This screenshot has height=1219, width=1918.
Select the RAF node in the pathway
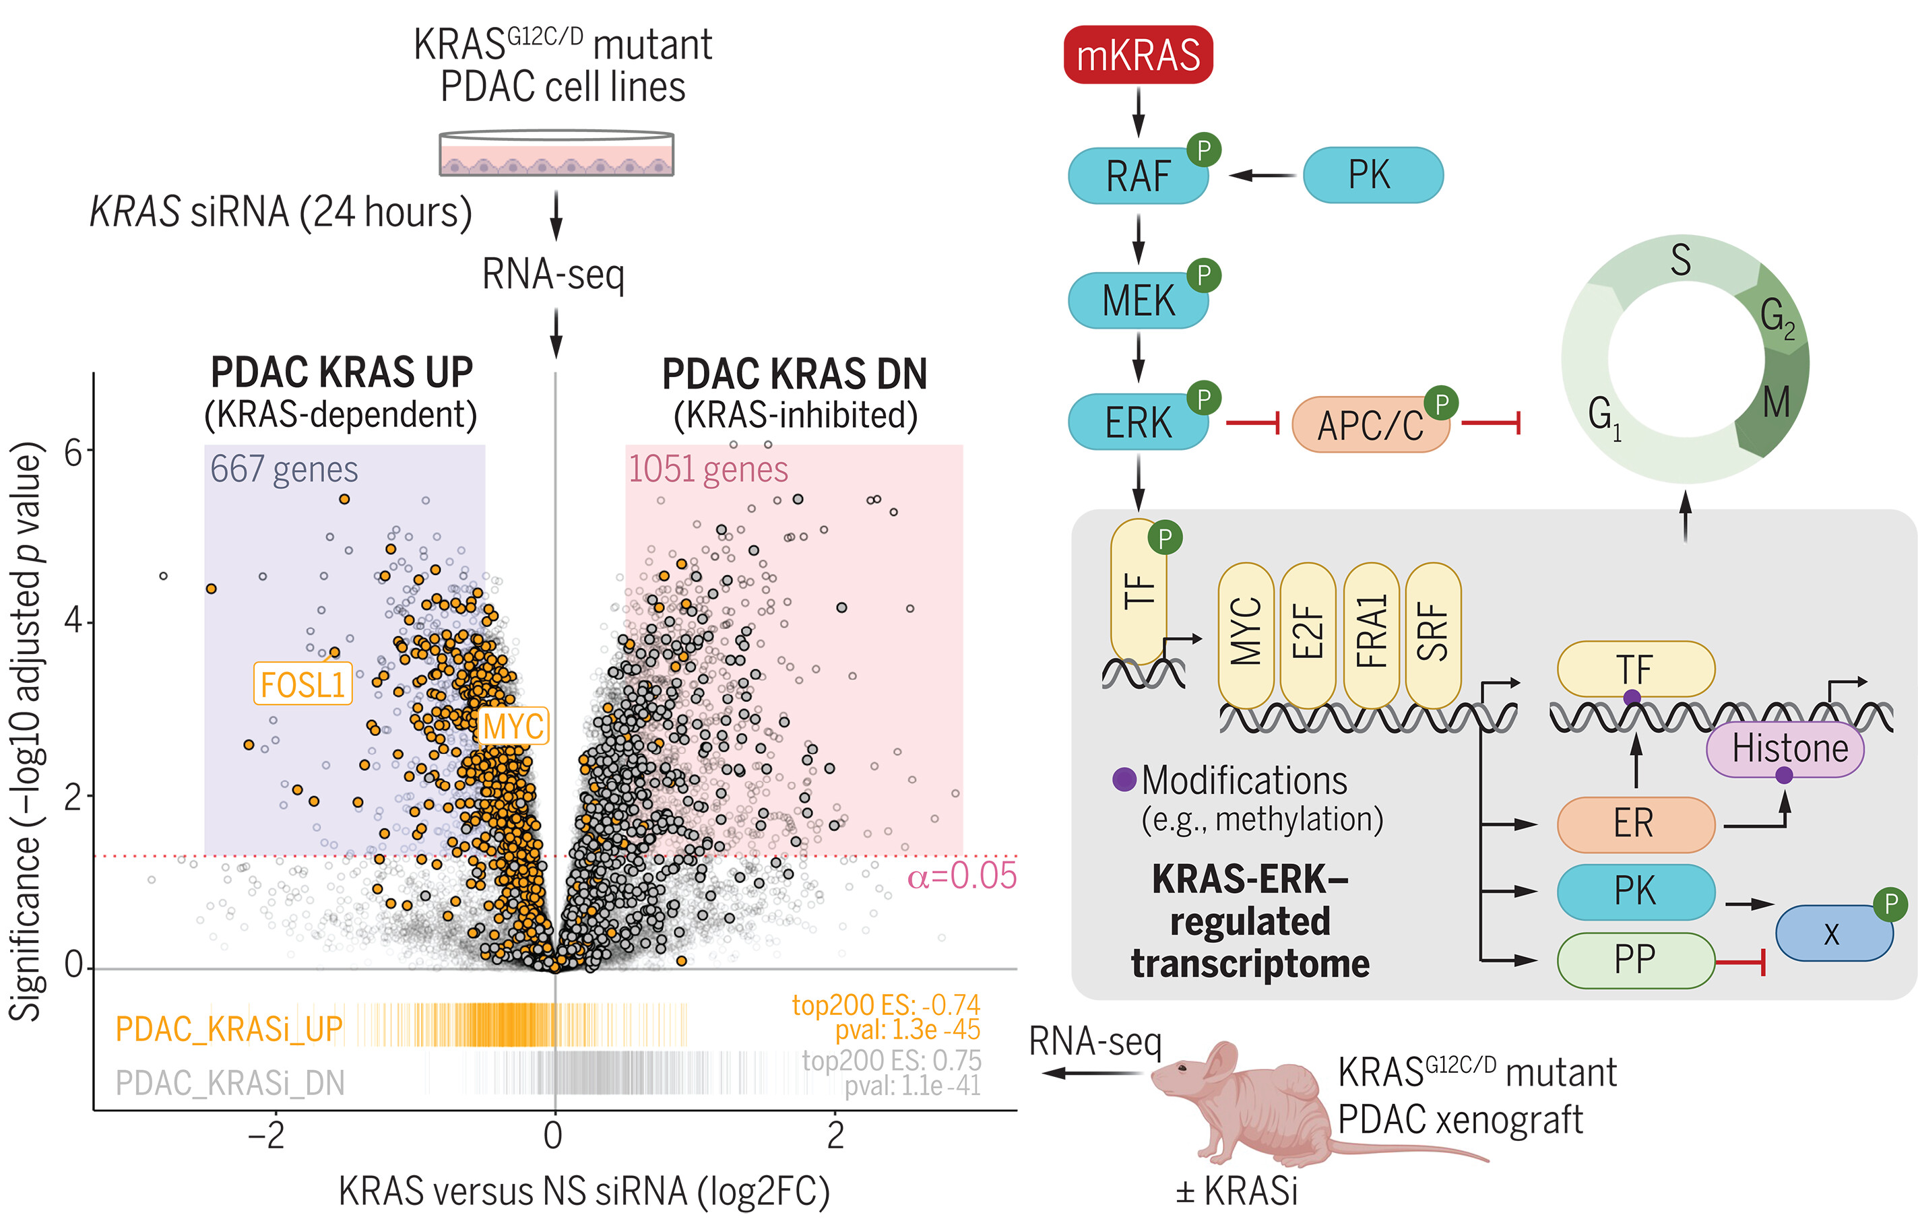coord(1137,176)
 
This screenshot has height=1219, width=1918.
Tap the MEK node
coord(1137,301)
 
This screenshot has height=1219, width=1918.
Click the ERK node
coord(1137,423)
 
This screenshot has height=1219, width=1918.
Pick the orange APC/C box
coord(1369,425)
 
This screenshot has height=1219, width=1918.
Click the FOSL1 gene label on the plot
coord(302,684)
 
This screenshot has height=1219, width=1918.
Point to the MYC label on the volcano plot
coord(514,726)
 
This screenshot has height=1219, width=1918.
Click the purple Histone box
coord(1789,748)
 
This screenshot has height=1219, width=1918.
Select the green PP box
coord(1635,960)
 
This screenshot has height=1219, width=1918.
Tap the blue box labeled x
coord(1832,933)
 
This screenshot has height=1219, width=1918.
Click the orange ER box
coord(1635,823)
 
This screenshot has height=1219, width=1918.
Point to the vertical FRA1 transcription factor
coord(1371,634)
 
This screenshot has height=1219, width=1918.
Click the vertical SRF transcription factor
coord(1433,634)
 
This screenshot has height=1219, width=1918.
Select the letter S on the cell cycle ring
coord(1681,261)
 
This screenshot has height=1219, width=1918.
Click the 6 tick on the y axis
coord(73,451)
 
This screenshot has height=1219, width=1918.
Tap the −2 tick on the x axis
coord(267,1135)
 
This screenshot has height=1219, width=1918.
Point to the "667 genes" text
coord(284,469)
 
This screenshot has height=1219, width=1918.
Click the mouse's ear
coord(1218,1063)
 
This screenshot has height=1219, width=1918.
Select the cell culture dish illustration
coord(556,154)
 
